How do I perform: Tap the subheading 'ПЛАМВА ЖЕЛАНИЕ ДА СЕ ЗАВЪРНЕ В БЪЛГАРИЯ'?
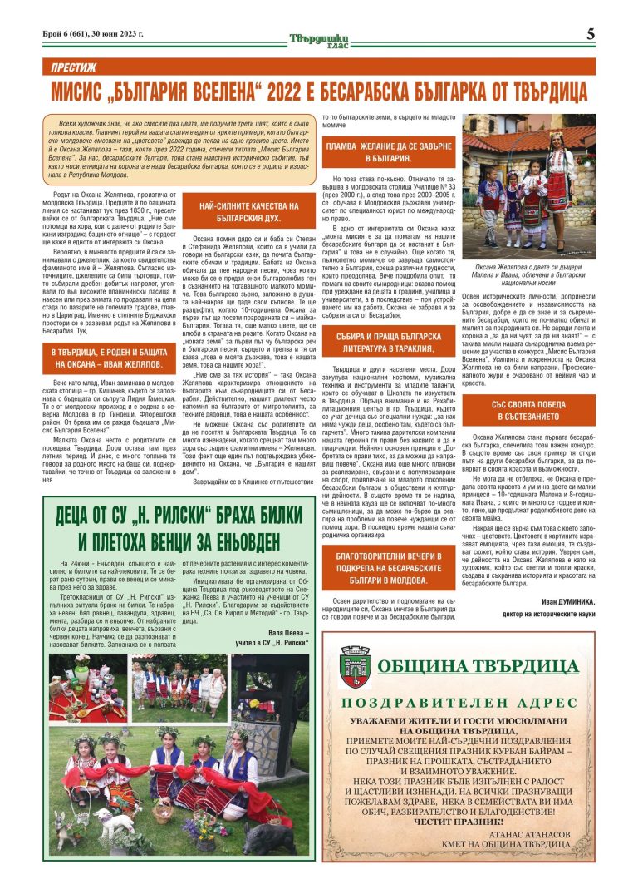coord(386,151)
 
